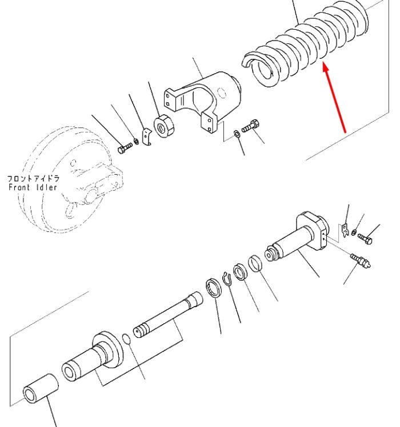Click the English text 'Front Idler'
[x=33, y=187]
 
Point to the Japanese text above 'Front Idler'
[x=33, y=179]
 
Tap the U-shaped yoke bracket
[x=203, y=101]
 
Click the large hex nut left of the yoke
[x=163, y=126]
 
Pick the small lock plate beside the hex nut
[x=147, y=137]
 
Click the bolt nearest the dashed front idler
[x=125, y=148]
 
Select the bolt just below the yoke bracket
[x=251, y=126]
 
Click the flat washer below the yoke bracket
[x=237, y=134]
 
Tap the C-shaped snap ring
[x=227, y=279]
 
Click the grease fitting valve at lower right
[x=361, y=260]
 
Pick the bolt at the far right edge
[x=365, y=239]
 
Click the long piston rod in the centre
[x=167, y=315]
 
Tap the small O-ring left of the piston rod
[x=126, y=339]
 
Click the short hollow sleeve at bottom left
[x=41, y=389]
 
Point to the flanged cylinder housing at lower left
[x=93, y=356]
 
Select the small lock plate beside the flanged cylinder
[x=345, y=231]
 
